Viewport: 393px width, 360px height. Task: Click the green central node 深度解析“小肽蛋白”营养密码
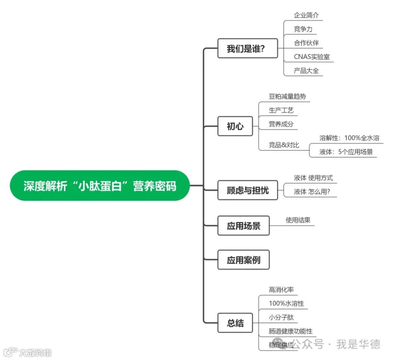[100, 185]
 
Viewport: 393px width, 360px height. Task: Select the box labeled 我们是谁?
[248, 48]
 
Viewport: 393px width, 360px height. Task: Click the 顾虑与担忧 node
[248, 190]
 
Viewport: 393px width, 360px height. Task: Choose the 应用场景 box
[243, 225]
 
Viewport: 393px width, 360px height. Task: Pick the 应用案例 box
[243, 260]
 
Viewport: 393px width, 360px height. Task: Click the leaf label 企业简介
[306, 15]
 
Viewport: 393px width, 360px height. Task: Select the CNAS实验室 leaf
[311, 56]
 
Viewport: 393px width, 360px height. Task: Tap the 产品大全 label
[306, 70]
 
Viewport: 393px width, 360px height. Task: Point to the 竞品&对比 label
[284, 145]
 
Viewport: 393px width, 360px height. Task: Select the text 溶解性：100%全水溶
[349, 138]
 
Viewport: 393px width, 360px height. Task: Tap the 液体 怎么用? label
[312, 192]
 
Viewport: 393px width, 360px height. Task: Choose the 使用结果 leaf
[298, 220]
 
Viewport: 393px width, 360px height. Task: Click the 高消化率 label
[281, 289]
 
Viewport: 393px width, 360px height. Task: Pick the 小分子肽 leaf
[281, 317]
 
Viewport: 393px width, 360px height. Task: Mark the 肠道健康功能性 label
[290, 331]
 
